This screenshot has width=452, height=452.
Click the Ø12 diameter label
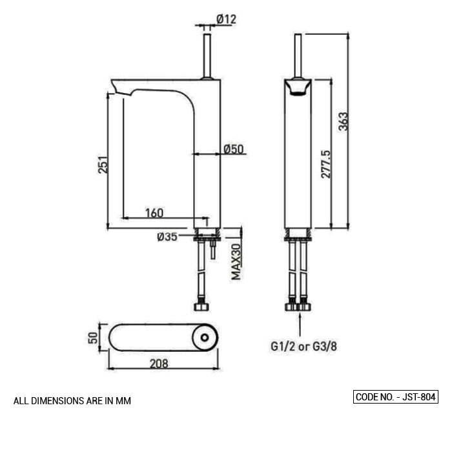pyautogui.click(x=226, y=19)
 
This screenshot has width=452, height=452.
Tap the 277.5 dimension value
pyautogui.click(x=325, y=164)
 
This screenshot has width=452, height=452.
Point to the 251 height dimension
pyautogui.click(x=103, y=165)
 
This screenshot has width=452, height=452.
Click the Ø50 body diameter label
pyautogui.click(x=233, y=149)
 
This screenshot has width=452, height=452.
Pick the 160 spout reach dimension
pyautogui.click(x=154, y=212)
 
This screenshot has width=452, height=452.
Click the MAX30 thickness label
pyautogui.click(x=236, y=262)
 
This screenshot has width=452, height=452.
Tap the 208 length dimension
pyautogui.click(x=158, y=364)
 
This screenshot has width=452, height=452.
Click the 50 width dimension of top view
pyautogui.click(x=93, y=337)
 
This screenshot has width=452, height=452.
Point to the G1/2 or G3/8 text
pyautogui.click(x=303, y=347)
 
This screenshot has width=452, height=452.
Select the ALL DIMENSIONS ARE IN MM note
pyautogui.click(x=72, y=401)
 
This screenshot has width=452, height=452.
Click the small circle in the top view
pyautogui.click(x=205, y=337)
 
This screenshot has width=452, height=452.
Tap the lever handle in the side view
pyautogui.click(x=207, y=55)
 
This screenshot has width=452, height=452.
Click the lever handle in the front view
pyautogui.click(x=298, y=55)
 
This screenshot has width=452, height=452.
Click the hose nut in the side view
pyautogui.click(x=201, y=305)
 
